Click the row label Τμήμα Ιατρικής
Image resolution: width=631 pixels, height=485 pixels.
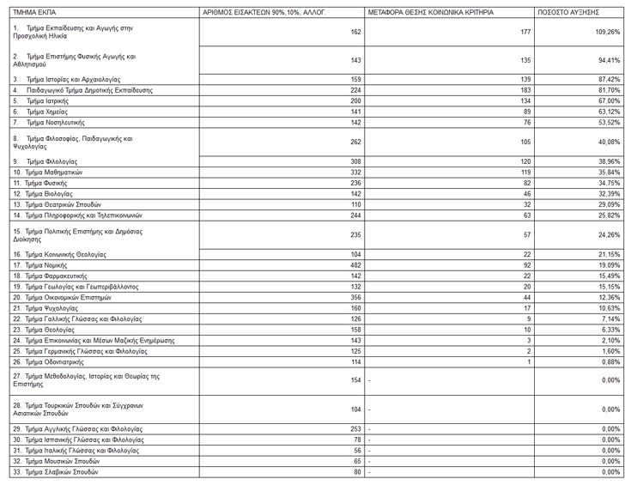(x=44, y=100)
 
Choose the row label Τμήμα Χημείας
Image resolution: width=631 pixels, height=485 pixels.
(x=45, y=112)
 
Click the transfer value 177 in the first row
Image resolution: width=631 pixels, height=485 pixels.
(x=526, y=32)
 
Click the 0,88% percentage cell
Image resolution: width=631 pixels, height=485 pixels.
(x=610, y=361)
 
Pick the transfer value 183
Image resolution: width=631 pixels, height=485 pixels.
(x=526, y=90)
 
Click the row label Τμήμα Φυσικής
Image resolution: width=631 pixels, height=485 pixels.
(x=45, y=183)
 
